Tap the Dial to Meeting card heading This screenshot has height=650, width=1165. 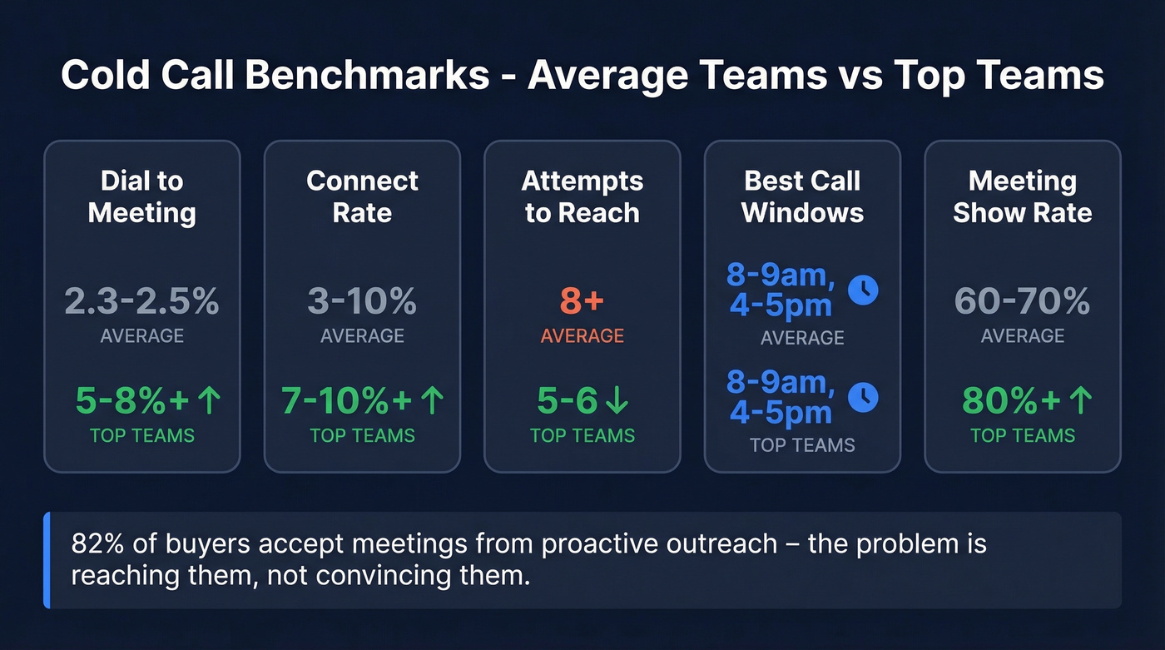pyautogui.click(x=142, y=196)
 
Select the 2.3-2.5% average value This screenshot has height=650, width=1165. pyautogui.click(x=142, y=301)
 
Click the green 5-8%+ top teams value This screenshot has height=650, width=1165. pyautogui.click(x=131, y=401)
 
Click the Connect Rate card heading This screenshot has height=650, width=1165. pyautogui.click(x=362, y=196)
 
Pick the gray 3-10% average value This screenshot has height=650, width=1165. pyautogui.click(x=362, y=301)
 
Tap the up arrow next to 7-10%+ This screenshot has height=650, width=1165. pyautogui.click(x=432, y=401)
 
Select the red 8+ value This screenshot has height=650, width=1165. pyautogui.click(x=582, y=301)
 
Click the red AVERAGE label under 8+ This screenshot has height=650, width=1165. pyautogui.click(x=582, y=336)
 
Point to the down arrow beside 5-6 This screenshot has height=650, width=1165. pyautogui.click(x=617, y=401)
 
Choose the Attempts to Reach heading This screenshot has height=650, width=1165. pyautogui.click(x=582, y=196)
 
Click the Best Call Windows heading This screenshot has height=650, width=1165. pyautogui.click(x=802, y=196)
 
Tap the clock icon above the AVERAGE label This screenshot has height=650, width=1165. pyautogui.click(x=863, y=290)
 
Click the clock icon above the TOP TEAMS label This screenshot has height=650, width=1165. pyautogui.click(x=863, y=397)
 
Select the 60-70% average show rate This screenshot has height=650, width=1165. pyautogui.click(x=1022, y=301)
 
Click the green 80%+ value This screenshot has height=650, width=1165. pyautogui.click(x=1011, y=401)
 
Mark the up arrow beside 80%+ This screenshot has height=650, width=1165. pyautogui.click(x=1079, y=401)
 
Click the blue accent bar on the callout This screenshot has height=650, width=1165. pyautogui.click(x=47, y=560)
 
